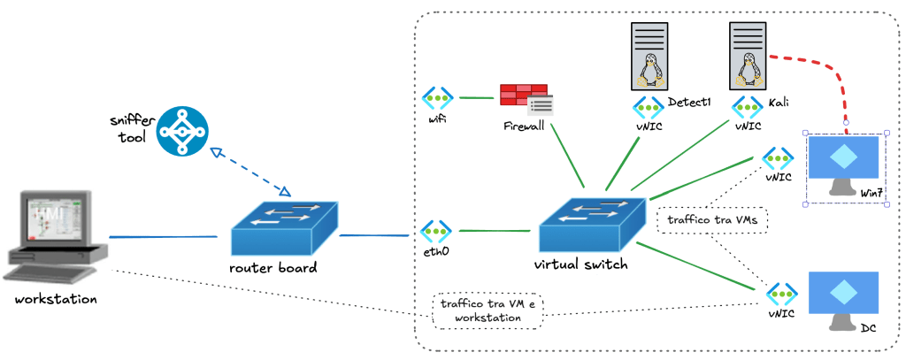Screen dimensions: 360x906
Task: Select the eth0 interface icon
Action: [437, 231]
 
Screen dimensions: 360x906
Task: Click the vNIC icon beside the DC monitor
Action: [781, 293]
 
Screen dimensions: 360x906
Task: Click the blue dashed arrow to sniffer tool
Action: [250, 169]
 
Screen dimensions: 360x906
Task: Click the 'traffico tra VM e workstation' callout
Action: [488, 310]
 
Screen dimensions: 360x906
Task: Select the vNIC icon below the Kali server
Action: [748, 109]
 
